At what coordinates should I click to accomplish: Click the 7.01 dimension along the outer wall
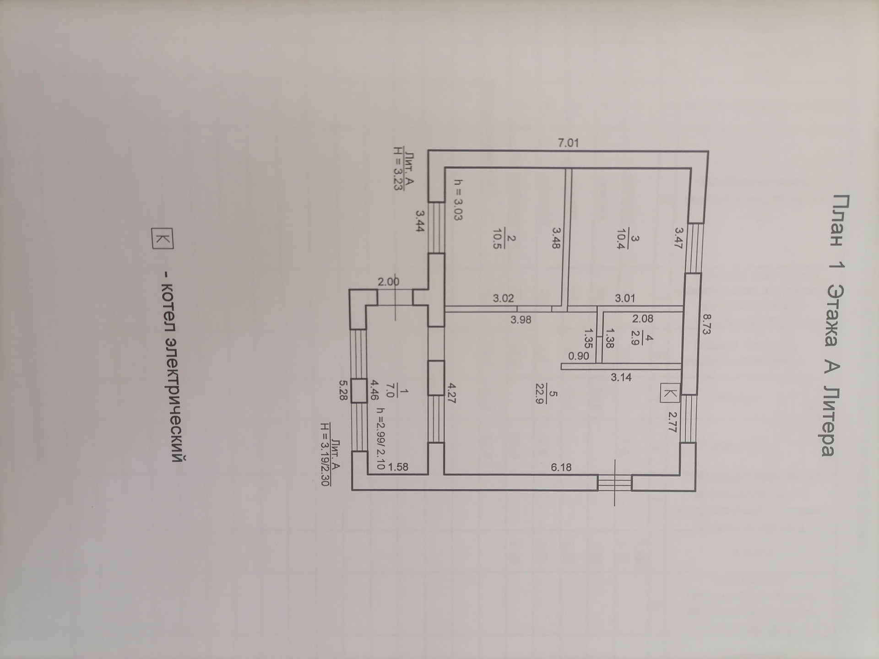click(568, 143)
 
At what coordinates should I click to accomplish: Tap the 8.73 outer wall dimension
click(706, 324)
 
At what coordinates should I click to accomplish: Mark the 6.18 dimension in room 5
click(561, 467)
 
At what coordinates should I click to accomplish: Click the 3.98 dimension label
click(521, 319)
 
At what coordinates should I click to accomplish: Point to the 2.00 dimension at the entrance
click(389, 282)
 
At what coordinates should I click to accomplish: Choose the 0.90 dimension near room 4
click(579, 356)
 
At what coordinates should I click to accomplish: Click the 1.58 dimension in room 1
click(398, 467)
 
